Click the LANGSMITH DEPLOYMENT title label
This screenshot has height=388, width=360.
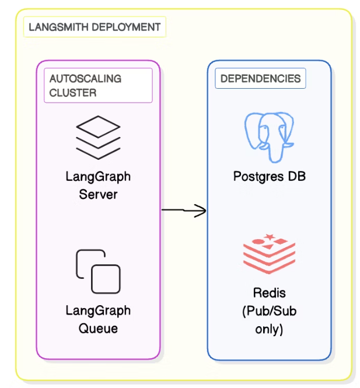[95, 27]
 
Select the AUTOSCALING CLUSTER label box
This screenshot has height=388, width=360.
[98, 85]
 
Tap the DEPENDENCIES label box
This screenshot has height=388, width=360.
[260, 79]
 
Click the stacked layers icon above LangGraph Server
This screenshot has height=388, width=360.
[98, 138]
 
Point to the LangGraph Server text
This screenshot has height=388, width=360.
[98, 186]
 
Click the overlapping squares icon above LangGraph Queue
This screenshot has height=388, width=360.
[98, 271]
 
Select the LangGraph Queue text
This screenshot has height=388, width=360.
[98, 319]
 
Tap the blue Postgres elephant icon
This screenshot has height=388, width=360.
[268, 136]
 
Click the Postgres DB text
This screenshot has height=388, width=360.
[269, 176]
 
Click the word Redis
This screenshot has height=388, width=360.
[269, 293]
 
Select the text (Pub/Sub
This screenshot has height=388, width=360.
[269, 311]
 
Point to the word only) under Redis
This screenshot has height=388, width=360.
[269, 329]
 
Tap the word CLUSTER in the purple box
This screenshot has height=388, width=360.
[73, 93]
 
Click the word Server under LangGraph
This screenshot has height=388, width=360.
[98, 194]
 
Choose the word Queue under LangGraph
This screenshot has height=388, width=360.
[98, 328]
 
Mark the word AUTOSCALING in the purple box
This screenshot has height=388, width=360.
[86, 79]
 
